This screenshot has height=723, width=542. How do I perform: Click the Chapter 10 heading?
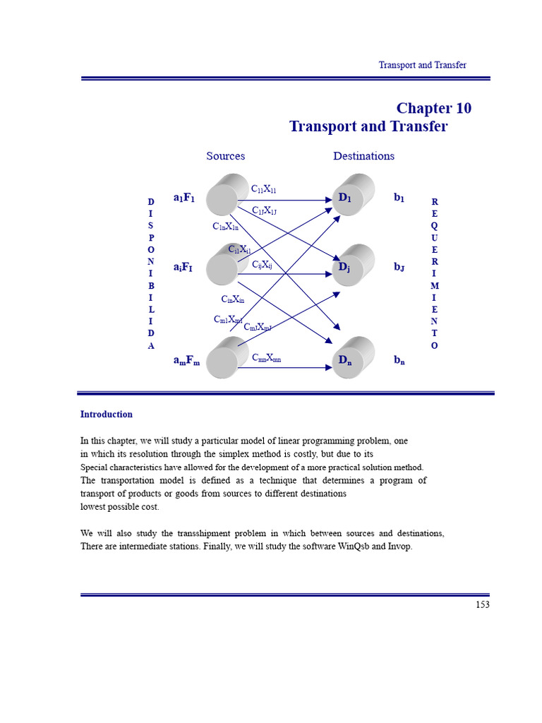click(433, 108)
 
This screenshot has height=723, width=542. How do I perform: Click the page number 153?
click(482, 604)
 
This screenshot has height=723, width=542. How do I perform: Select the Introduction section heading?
click(106, 414)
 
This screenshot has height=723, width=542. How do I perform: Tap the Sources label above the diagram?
click(225, 156)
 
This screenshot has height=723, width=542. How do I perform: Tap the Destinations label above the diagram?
click(363, 156)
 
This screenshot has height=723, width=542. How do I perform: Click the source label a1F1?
click(183, 198)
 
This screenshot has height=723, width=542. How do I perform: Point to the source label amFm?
click(186, 361)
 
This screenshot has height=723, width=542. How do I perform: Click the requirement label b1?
click(399, 198)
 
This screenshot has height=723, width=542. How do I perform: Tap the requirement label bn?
click(399, 360)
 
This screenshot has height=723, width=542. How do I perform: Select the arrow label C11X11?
click(264, 189)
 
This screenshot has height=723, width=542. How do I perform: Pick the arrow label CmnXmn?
click(266, 358)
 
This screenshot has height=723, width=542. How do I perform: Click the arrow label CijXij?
click(262, 265)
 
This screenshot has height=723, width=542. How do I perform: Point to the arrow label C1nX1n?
click(225, 227)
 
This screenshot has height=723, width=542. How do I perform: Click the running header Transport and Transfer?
click(422, 65)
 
